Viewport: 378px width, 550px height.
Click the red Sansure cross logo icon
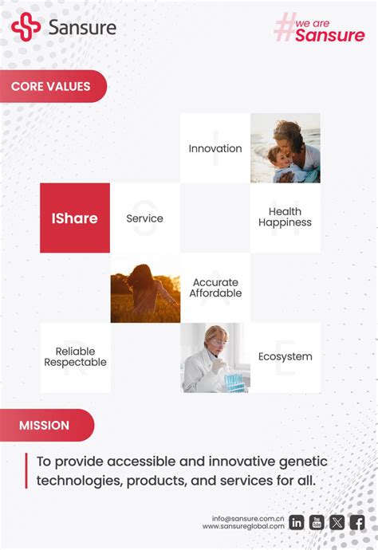tap(26, 27)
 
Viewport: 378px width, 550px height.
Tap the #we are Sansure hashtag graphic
tap(319, 30)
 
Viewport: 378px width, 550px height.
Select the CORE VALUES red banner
tap(52, 86)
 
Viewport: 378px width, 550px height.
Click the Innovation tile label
tap(215, 148)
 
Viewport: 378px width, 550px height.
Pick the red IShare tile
tap(75, 218)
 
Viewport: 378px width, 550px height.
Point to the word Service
tap(144, 218)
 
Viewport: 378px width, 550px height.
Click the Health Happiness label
tap(285, 218)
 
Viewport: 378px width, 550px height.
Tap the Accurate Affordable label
tap(215, 288)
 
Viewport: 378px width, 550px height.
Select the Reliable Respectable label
tap(75, 357)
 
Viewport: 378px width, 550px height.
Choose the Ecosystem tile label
tap(285, 356)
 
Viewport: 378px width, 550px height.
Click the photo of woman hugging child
tap(285, 148)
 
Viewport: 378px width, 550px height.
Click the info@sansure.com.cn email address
tap(248, 518)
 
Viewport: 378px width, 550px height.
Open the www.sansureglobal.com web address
tap(243, 526)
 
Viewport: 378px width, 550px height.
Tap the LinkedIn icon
tap(297, 523)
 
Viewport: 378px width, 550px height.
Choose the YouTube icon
tap(317, 523)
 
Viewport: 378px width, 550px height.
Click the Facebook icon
tap(357, 523)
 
